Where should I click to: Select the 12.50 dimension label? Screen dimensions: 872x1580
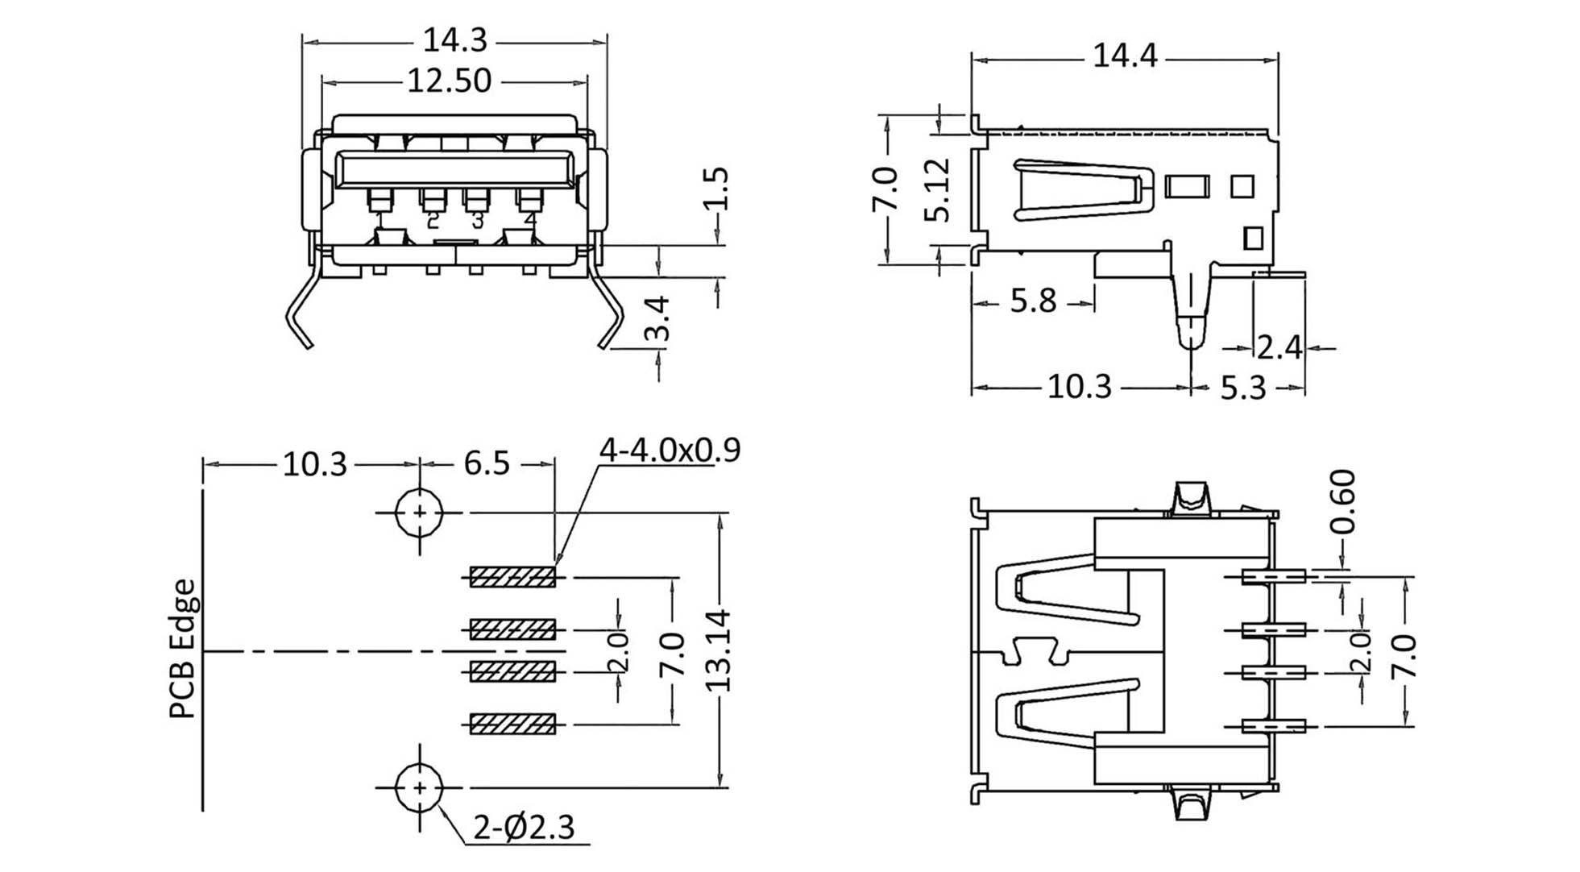tap(449, 81)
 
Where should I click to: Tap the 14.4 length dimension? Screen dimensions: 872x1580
tap(1125, 56)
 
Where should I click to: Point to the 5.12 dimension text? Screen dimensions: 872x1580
tap(938, 191)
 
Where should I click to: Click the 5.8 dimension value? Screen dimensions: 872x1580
tap(1033, 301)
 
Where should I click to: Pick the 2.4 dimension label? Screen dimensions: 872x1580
tap(1279, 347)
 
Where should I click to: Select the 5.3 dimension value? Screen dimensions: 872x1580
tap(1243, 388)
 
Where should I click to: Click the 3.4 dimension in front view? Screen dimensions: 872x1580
tap(659, 318)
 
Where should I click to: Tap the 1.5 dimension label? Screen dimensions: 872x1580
tap(715, 189)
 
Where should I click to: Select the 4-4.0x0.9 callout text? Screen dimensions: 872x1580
tap(670, 450)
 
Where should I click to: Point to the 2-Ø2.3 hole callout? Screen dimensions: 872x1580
tap(524, 828)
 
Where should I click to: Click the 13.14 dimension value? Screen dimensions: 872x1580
tap(716, 650)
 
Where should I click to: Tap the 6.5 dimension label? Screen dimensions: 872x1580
tap(487, 463)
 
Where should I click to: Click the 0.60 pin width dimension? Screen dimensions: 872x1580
tap(1342, 502)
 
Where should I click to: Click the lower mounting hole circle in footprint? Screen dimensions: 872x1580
tap(419, 787)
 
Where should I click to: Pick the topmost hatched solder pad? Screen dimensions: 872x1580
tap(513, 577)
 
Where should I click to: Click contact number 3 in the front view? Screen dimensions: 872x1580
tap(477, 219)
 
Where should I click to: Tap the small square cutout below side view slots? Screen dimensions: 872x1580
tap(1253, 239)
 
